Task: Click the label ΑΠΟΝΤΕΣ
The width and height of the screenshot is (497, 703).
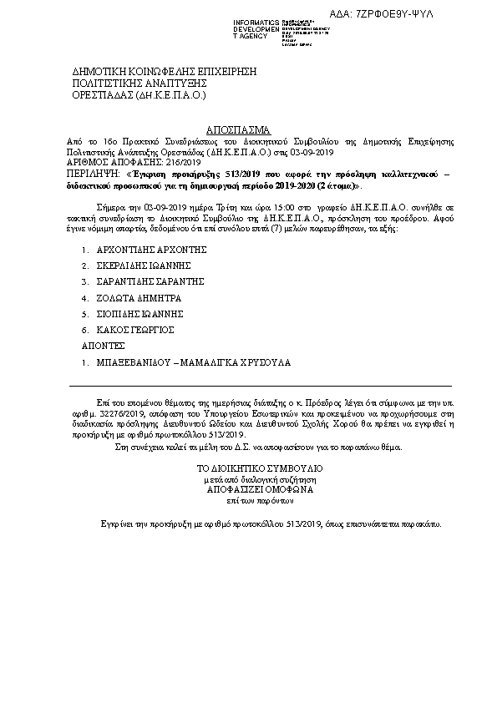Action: [102, 345]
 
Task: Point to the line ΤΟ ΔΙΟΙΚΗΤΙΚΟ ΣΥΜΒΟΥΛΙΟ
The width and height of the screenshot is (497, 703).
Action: [247, 469]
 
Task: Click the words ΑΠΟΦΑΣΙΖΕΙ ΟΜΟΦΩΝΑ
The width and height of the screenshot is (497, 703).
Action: [247, 493]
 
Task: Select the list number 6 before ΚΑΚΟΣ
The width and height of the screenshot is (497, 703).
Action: [84, 330]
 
